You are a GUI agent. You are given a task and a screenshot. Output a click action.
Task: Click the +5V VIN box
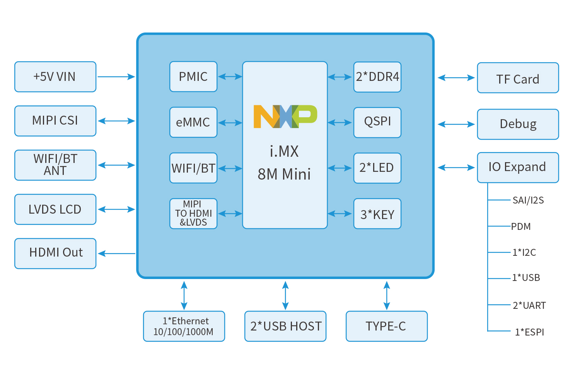pos(55,77)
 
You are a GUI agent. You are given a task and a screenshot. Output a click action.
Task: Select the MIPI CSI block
pos(55,121)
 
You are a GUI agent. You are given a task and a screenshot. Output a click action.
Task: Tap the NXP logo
pos(285,116)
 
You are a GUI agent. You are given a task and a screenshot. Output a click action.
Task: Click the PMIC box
pos(193,77)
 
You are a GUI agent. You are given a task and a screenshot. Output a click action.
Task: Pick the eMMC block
pos(193,122)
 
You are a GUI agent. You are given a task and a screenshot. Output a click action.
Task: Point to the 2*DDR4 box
pos(377,77)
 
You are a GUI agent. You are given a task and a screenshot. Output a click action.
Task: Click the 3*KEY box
pos(377,214)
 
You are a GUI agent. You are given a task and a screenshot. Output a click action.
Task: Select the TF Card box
pos(518,78)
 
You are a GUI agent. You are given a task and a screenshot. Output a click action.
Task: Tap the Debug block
pos(518,124)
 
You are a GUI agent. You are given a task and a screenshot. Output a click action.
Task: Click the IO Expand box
pos(518,167)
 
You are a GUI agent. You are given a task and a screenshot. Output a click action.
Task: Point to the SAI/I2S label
pos(528,200)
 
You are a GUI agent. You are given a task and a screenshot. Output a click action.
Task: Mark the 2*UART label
pos(529,305)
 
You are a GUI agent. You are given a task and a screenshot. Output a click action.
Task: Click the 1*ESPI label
pos(529,332)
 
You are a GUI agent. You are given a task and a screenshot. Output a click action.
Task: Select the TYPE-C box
pos(387,326)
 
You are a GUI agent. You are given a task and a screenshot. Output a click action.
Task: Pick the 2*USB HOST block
pos(285,326)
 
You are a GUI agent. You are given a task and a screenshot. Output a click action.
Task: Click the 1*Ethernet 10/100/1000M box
pos(184,326)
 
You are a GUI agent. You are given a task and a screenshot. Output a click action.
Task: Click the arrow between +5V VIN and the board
pos(116,77)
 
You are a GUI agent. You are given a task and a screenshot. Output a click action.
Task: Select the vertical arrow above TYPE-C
pos(387,295)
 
